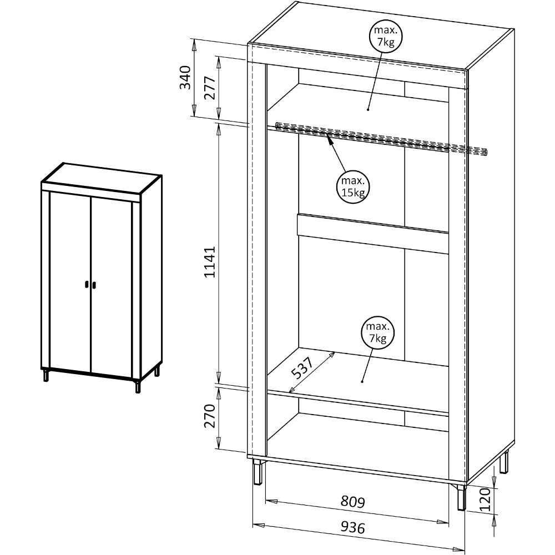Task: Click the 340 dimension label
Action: [x=185, y=78]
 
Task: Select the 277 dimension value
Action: [x=210, y=88]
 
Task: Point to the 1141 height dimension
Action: [x=210, y=262]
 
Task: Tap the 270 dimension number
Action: [x=210, y=416]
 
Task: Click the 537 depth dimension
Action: [x=302, y=368]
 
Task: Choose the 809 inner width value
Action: [x=352, y=501]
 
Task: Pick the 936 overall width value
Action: [x=352, y=527]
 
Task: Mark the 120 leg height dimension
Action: [x=485, y=500]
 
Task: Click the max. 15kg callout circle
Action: [x=352, y=187]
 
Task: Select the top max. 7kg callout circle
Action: [x=386, y=36]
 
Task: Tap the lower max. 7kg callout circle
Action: [x=377, y=332]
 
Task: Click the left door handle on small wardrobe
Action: [x=87, y=285]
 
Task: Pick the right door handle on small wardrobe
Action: [x=94, y=285]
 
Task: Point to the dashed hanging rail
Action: [x=381, y=139]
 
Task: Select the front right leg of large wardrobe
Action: [x=461, y=497]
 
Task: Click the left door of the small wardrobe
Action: [x=70, y=282]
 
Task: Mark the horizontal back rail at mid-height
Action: [x=373, y=234]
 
